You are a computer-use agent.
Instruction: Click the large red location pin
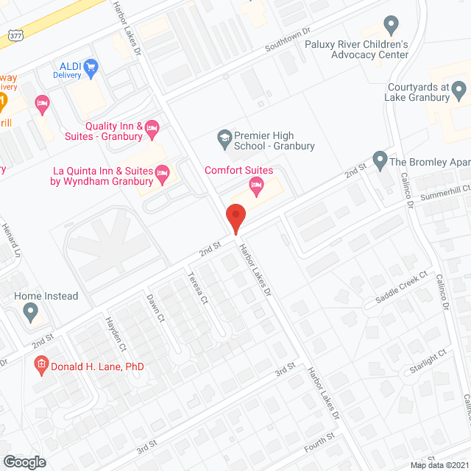235,219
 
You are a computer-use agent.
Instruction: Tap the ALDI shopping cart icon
91,69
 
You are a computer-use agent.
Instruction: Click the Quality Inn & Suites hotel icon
152,130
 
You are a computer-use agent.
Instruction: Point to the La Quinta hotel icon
163,174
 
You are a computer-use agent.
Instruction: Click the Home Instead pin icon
31,312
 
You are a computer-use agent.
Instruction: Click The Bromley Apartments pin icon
380,159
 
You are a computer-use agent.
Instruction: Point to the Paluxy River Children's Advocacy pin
392,26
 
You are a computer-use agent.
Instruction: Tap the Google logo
24,461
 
